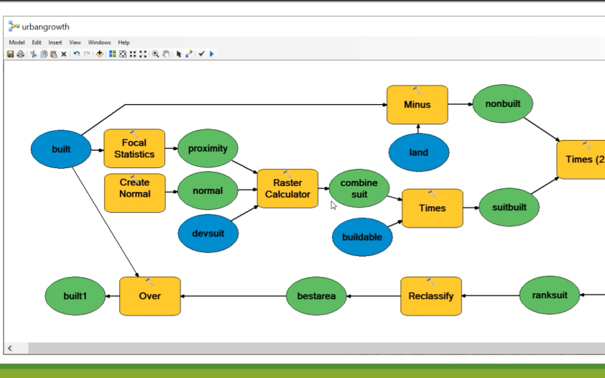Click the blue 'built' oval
(61, 149)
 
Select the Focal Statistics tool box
(134, 149)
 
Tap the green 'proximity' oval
(208, 149)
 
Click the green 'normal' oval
(208, 191)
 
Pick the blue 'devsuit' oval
(208, 234)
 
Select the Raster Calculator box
(287, 188)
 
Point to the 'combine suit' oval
(359, 188)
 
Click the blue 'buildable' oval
(363, 236)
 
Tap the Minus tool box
(417, 104)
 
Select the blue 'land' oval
(419, 152)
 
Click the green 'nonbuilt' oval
(503, 104)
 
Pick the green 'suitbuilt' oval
(509, 208)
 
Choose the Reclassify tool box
(431, 295)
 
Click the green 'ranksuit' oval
(549, 295)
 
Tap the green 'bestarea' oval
(316, 295)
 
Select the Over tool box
(149, 295)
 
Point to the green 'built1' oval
(75, 295)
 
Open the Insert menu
(55, 43)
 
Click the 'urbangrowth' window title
(45, 27)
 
